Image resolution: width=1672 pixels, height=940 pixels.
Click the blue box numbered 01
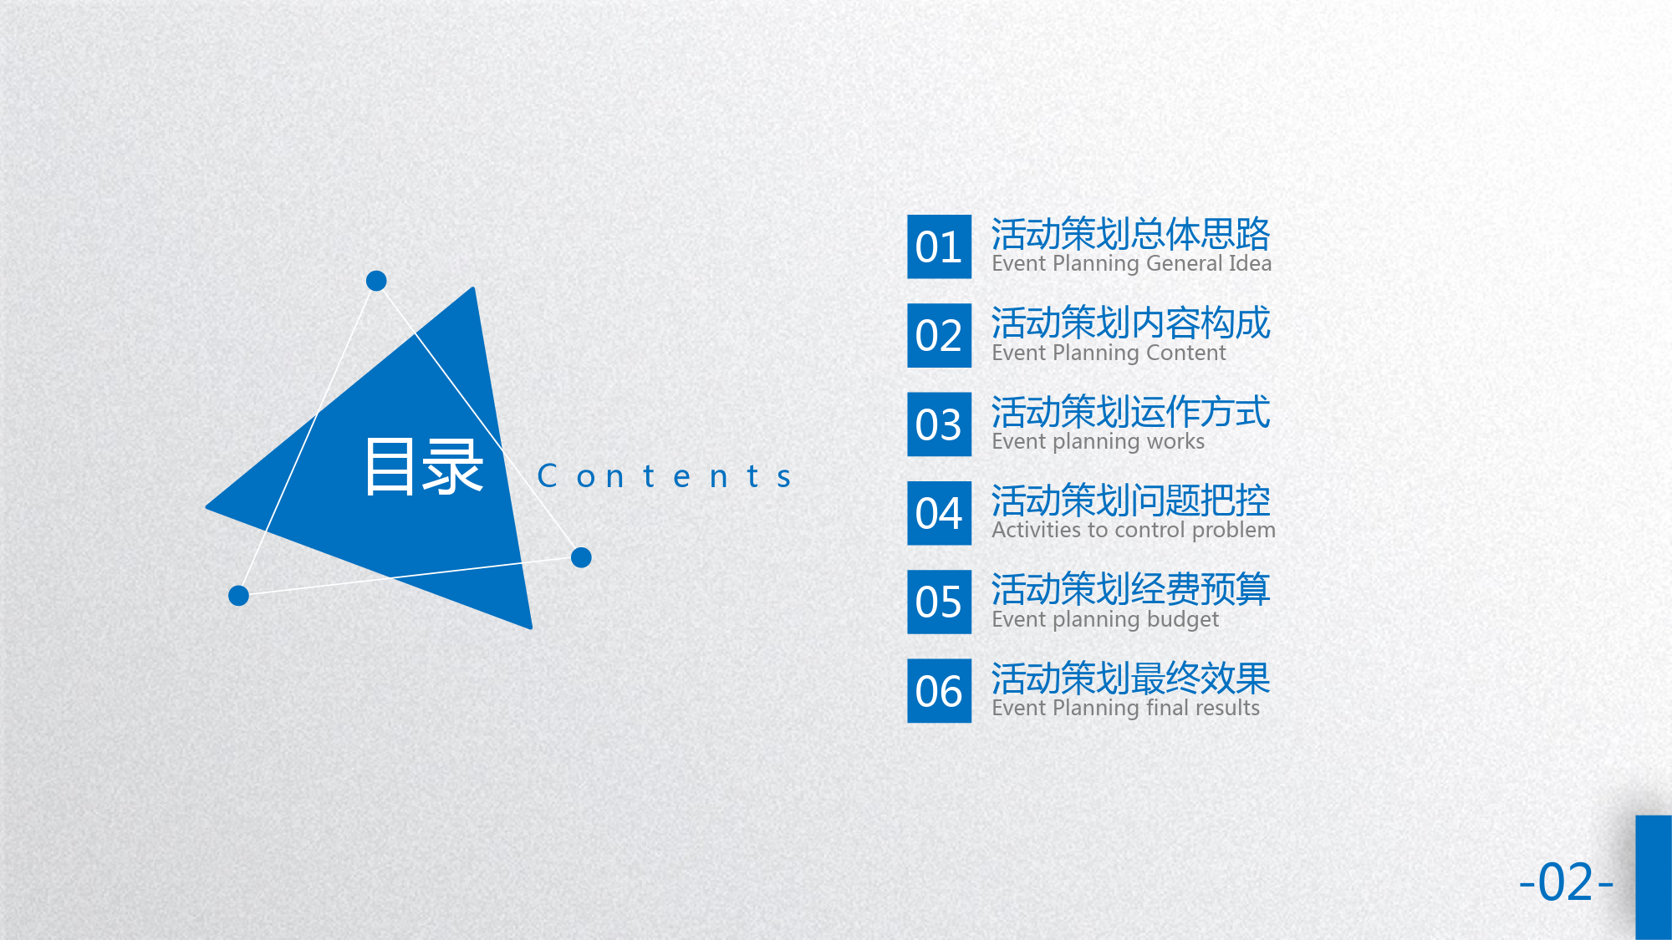[x=940, y=246]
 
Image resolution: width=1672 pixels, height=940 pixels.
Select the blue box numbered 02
[x=940, y=335]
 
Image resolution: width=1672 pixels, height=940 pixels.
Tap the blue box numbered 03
[x=940, y=424]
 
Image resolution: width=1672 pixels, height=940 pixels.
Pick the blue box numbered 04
[x=940, y=513]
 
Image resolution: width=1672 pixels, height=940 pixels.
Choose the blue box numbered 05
[x=940, y=602]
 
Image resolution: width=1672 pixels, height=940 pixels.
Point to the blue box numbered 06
[x=940, y=691]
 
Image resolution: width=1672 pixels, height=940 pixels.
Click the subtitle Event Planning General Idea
[x=1131, y=264]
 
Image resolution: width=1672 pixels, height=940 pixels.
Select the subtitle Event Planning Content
[x=1109, y=353]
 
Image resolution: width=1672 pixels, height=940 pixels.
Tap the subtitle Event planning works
[x=1099, y=442]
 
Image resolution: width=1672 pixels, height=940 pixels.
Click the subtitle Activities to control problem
[x=1134, y=531]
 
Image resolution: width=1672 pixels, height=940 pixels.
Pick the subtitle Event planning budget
[x=1105, y=620]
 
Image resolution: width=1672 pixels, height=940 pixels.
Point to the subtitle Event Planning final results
[x=1125, y=709]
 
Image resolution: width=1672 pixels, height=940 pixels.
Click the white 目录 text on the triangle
[x=424, y=466]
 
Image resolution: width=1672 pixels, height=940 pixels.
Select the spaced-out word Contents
[x=665, y=476]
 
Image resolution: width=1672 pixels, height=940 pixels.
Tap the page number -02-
[x=1566, y=882]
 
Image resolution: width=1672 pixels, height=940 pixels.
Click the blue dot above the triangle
[x=376, y=281]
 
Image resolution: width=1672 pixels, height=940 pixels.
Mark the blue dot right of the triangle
[x=581, y=557]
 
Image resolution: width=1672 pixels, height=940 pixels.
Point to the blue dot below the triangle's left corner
[x=238, y=596]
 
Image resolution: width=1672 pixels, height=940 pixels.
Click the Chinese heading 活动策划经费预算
[x=1131, y=589]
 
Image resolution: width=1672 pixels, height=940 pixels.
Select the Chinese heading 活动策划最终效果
[x=1131, y=678]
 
